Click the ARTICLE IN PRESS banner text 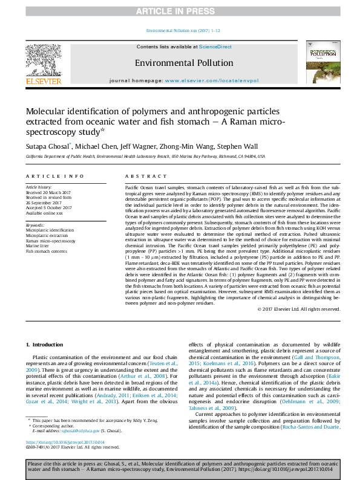tap(180, 11)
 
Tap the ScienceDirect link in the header tap(215, 47)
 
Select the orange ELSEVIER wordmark tap(43, 81)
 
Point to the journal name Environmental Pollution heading tap(183, 63)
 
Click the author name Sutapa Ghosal tap(47, 147)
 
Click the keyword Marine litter tap(38, 245)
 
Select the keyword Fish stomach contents tap(45, 251)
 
